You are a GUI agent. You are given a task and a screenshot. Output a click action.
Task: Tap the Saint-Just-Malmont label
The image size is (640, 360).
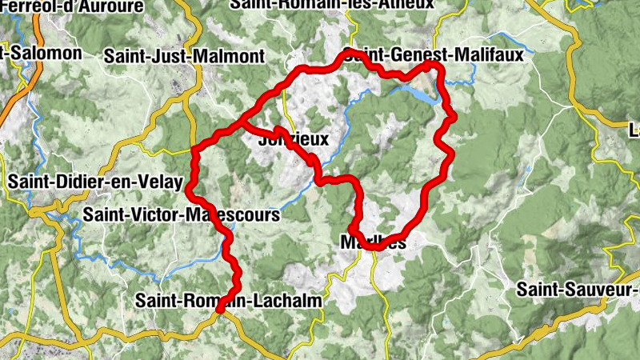pyautogui.click(x=184, y=57)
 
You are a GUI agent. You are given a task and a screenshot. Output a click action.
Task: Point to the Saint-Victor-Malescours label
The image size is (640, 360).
pyautogui.click(x=182, y=215)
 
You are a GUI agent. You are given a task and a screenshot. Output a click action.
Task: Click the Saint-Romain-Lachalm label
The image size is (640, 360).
pyautogui.click(x=229, y=301)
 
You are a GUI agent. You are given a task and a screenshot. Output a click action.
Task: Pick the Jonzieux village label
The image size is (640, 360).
pyautogui.click(x=294, y=139)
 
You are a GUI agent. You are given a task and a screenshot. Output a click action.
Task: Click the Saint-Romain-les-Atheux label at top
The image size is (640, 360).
pyautogui.click(x=331, y=4)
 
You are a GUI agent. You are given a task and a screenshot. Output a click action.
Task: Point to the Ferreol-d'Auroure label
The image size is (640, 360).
pyautogui.click(x=73, y=6)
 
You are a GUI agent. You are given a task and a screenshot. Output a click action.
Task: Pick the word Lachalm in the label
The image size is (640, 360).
pyautogui.click(x=286, y=301)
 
